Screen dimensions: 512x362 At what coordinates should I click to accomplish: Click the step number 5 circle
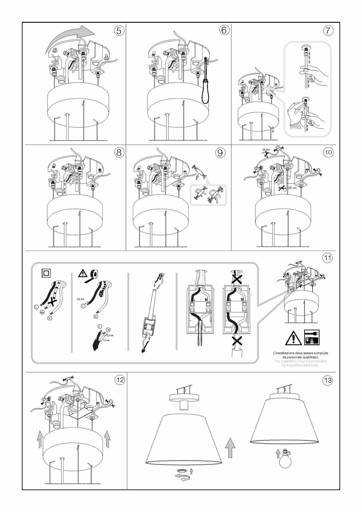(x=119, y=31)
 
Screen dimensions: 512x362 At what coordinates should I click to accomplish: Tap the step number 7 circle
(x=328, y=31)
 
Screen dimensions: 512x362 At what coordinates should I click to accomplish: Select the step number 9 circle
(x=220, y=153)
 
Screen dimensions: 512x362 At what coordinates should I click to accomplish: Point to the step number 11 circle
(x=328, y=258)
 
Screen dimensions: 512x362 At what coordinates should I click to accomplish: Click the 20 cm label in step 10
(x=292, y=188)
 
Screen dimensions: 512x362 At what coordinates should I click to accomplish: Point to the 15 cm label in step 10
(x=266, y=150)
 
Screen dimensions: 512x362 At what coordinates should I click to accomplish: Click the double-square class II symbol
(x=46, y=273)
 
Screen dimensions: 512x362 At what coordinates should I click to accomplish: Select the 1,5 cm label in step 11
(x=106, y=340)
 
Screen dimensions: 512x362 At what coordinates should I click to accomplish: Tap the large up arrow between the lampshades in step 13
(x=230, y=448)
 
